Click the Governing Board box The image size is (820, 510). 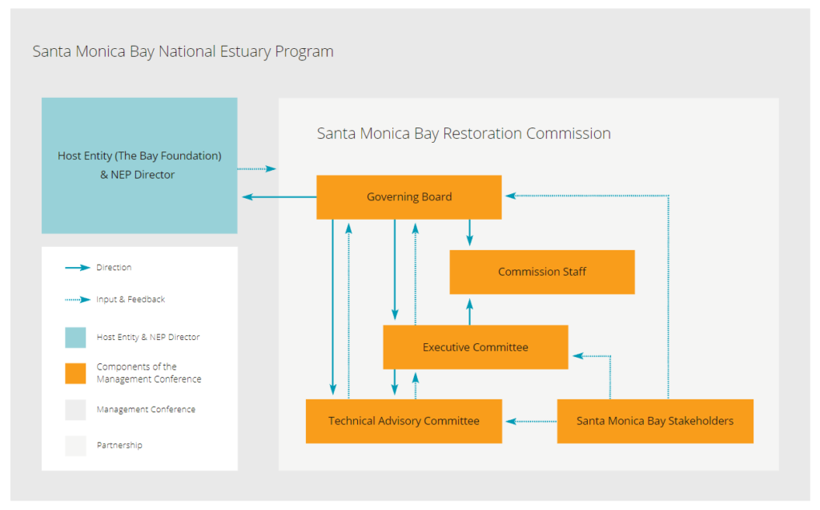point(409,197)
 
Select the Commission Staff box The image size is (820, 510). point(542,272)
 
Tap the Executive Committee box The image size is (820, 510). point(476,347)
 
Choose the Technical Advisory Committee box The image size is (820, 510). point(404,421)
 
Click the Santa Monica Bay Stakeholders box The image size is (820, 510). point(655,421)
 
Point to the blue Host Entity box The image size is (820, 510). point(139,165)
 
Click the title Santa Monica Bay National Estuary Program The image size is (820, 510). point(183,52)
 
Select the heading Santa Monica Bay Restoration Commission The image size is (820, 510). point(464,134)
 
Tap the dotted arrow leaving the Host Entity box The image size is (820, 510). point(256,168)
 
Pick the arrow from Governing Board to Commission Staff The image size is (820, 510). point(470,233)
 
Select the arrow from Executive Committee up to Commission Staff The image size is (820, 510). point(470,311)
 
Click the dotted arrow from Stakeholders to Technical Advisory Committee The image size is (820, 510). point(529,421)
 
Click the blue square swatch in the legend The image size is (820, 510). point(75,338)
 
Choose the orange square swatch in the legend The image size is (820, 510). point(75,374)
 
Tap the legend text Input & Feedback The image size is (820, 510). point(131,300)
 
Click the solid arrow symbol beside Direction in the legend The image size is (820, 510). point(77,268)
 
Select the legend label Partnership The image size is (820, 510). point(119,445)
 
